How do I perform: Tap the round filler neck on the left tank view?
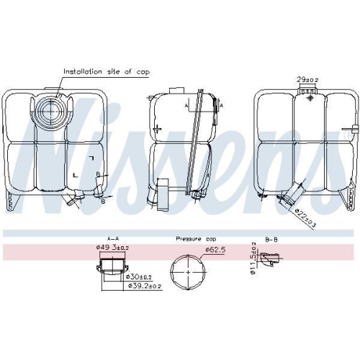[50, 112]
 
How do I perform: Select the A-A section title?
[112, 238]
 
